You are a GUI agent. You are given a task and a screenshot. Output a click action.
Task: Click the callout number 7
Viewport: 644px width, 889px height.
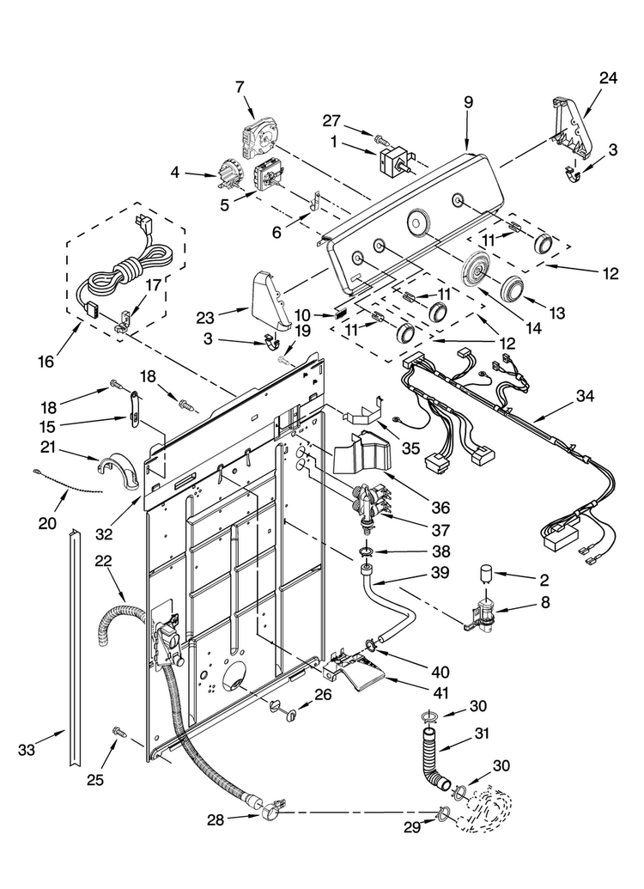(240, 88)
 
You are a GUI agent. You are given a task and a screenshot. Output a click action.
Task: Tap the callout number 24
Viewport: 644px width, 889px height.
(608, 77)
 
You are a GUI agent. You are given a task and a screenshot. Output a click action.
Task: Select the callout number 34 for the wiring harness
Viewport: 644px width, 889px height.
(585, 396)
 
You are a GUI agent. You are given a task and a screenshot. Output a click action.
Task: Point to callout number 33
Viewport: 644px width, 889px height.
(27, 750)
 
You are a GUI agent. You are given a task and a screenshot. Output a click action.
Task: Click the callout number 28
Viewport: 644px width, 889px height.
(216, 819)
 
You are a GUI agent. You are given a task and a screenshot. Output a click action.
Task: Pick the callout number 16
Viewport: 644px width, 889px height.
(46, 361)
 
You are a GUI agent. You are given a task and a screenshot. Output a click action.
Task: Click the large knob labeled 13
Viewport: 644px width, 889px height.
(513, 289)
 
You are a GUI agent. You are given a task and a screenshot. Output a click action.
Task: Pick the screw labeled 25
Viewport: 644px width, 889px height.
(119, 732)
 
